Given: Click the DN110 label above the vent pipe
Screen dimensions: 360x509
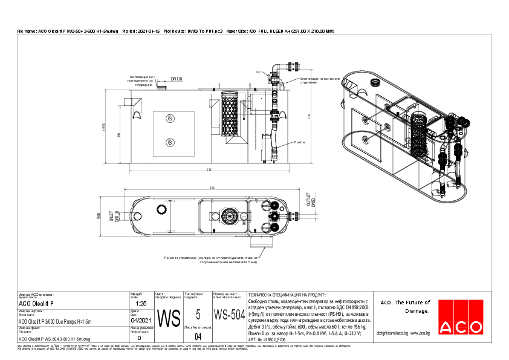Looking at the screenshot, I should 177,79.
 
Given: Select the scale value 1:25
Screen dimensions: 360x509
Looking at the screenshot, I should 141,303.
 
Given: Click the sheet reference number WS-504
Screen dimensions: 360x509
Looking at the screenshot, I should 229,315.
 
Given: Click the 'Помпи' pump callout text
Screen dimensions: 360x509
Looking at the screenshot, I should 299,142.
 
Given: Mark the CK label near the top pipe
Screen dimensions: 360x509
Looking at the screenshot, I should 258,72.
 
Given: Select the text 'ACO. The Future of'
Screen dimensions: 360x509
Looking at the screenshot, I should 404,302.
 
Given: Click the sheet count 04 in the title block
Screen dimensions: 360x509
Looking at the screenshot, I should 198,336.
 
